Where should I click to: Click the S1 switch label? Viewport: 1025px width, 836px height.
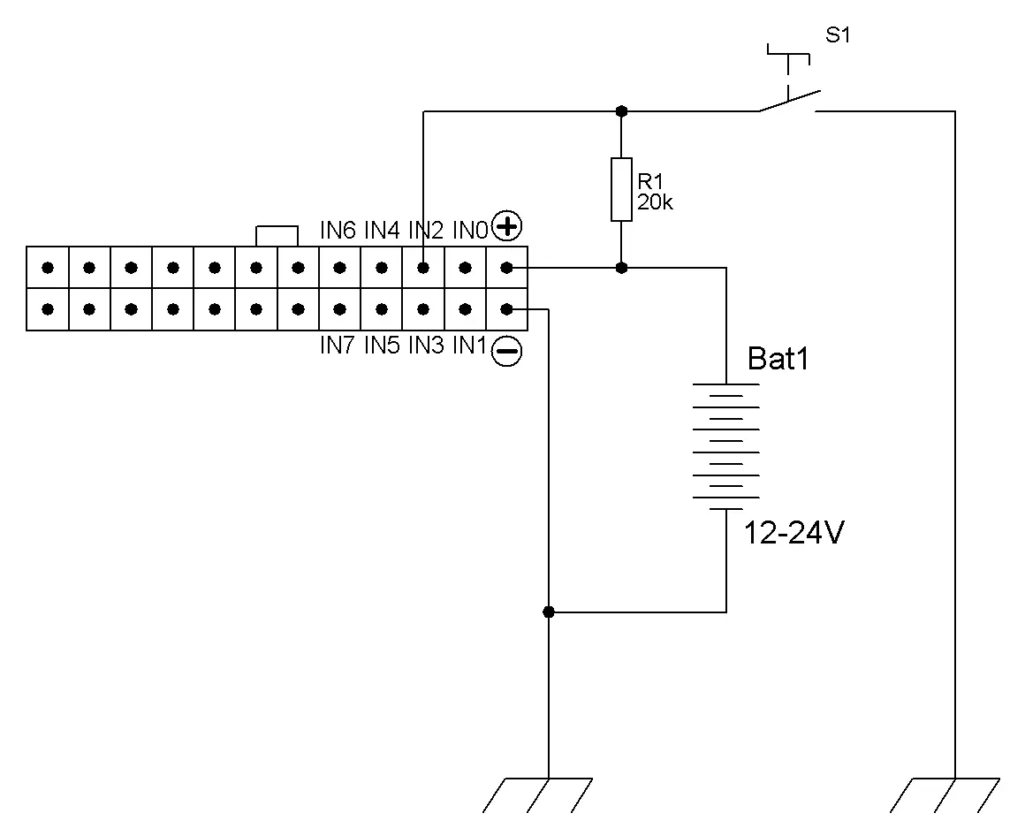click(x=838, y=34)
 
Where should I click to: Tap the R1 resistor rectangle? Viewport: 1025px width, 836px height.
click(x=621, y=189)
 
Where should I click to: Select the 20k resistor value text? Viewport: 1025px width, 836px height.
click(x=655, y=202)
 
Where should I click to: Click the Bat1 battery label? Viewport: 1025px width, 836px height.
click(x=778, y=358)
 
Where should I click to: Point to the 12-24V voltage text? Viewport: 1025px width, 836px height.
click(x=794, y=533)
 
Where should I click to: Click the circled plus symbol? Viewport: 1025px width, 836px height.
click(x=506, y=227)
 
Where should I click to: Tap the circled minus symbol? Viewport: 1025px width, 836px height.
click(x=506, y=351)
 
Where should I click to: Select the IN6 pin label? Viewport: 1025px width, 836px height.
click(x=338, y=230)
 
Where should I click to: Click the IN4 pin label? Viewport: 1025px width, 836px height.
click(x=382, y=230)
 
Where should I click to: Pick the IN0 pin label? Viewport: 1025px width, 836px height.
click(x=471, y=230)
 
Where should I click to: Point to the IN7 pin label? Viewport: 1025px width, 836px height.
click(x=338, y=346)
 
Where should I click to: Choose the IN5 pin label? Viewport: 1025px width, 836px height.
click(x=382, y=346)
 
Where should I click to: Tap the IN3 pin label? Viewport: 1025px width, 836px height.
click(x=426, y=346)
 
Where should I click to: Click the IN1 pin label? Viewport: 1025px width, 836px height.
click(x=470, y=346)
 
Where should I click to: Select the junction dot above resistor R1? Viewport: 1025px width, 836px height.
click(x=622, y=111)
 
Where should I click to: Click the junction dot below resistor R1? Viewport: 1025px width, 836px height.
click(x=622, y=268)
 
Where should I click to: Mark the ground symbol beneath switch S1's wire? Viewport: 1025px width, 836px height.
click(x=945, y=794)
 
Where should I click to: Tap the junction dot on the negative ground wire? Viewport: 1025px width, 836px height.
click(x=549, y=612)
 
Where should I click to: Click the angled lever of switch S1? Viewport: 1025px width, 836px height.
click(x=789, y=101)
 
